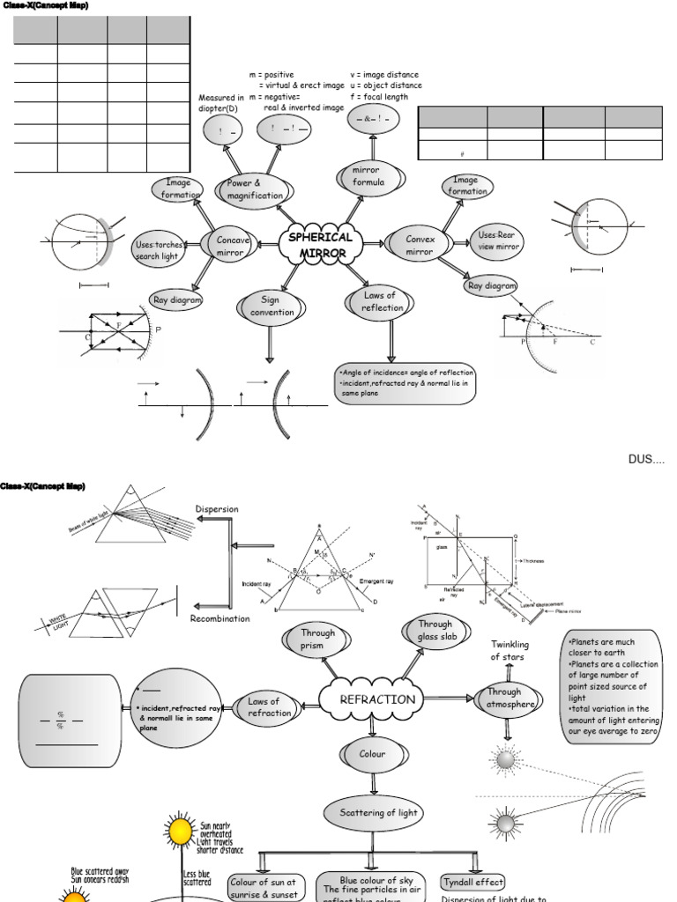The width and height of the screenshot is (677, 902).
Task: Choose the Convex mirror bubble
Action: pyautogui.click(x=420, y=245)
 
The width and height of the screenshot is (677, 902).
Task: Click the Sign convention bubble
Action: pyautogui.click(x=272, y=307)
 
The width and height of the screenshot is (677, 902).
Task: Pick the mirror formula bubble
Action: pyautogui.click(x=365, y=176)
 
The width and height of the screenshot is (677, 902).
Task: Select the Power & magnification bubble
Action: pyautogui.click(x=254, y=189)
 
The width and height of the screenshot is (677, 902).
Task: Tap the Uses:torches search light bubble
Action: pyautogui.click(x=158, y=250)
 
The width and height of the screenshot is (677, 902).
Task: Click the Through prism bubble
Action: pyautogui.click(x=317, y=639)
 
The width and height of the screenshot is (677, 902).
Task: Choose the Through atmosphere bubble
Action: pyautogui.click(x=510, y=698)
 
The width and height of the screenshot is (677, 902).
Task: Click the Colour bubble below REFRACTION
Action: pyautogui.click(x=372, y=754)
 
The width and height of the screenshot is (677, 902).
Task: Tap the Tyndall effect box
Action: pyautogui.click(x=473, y=882)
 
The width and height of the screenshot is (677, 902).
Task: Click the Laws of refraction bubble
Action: pyautogui.click(x=269, y=707)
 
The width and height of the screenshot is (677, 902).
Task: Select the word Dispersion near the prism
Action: pyautogui.click(x=216, y=509)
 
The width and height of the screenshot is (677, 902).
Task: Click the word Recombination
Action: pyautogui.click(x=219, y=618)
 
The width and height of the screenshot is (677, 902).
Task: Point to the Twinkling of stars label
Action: pyautogui.click(x=510, y=651)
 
